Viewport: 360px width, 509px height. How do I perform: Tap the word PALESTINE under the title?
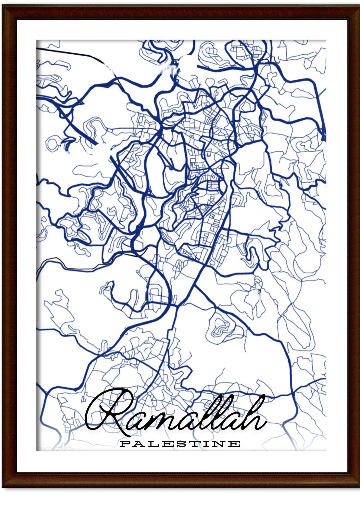180,444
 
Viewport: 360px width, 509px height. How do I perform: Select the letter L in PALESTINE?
152,444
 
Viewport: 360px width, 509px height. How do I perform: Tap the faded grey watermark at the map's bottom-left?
53,448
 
